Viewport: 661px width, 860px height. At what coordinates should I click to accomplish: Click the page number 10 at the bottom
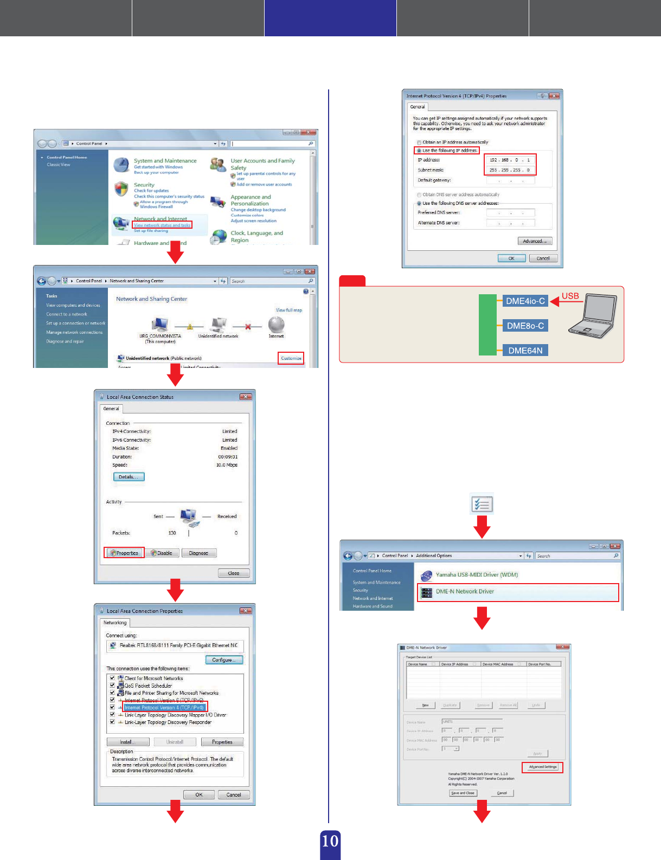pos(330,842)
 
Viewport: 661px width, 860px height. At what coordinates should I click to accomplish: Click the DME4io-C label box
pos(525,301)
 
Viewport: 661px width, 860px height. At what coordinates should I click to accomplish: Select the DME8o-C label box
pos(525,326)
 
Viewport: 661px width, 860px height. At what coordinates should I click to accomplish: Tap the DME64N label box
pos(525,351)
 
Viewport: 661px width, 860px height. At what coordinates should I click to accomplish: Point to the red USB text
pos(570,296)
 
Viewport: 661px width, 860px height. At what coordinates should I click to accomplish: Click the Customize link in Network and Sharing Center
pos(291,358)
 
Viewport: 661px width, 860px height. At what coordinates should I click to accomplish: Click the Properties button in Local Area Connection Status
pos(125,553)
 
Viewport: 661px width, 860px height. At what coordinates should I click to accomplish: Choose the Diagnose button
pos(198,553)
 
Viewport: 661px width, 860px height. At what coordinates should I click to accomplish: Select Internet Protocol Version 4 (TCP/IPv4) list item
pos(164,708)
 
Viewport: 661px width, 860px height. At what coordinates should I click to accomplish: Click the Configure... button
pos(224,660)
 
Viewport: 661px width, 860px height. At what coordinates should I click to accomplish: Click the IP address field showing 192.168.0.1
pos(510,160)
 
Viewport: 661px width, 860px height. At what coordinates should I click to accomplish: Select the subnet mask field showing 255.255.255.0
pos(510,170)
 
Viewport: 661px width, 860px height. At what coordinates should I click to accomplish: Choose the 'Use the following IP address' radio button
pos(419,151)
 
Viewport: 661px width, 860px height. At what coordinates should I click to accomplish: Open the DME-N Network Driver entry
pos(465,592)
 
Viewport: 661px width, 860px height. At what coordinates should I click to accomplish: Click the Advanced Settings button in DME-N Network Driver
pos(542,767)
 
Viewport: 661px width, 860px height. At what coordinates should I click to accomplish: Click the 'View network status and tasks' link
pos(162,225)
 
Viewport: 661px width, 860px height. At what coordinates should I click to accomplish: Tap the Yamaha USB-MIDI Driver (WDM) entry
pos(477,575)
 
